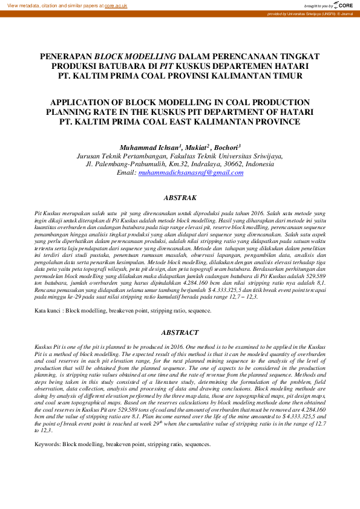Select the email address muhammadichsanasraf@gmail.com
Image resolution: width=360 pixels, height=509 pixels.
click(191, 172)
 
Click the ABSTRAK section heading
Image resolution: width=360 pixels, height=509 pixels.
click(180, 198)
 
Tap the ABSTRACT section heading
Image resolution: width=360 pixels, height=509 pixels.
click(180, 332)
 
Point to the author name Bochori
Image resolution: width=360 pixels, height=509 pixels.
click(227, 147)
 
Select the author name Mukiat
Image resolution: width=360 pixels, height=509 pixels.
click(195, 147)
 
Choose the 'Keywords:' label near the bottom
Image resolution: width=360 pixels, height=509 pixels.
click(50, 445)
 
